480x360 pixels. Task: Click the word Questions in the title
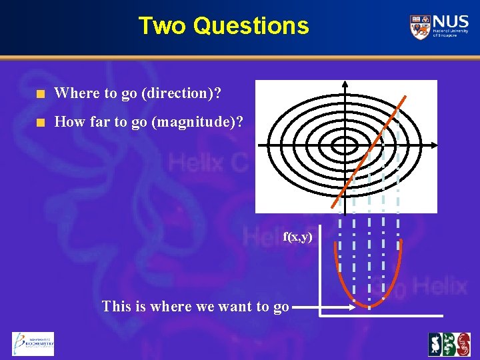[251, 26]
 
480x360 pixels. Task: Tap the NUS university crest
[420, 27]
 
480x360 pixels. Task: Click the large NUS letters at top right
[449, 21]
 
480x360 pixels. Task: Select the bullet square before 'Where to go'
[41, 93]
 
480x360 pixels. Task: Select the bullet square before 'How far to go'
[41, 123]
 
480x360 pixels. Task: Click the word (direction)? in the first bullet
[181, 93]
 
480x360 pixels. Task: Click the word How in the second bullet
[68, 123]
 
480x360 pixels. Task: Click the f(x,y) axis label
[297, 236]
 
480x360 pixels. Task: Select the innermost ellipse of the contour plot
[345, 145]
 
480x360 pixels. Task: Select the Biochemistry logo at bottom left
[33, 343]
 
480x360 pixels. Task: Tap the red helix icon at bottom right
[460, 344]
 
